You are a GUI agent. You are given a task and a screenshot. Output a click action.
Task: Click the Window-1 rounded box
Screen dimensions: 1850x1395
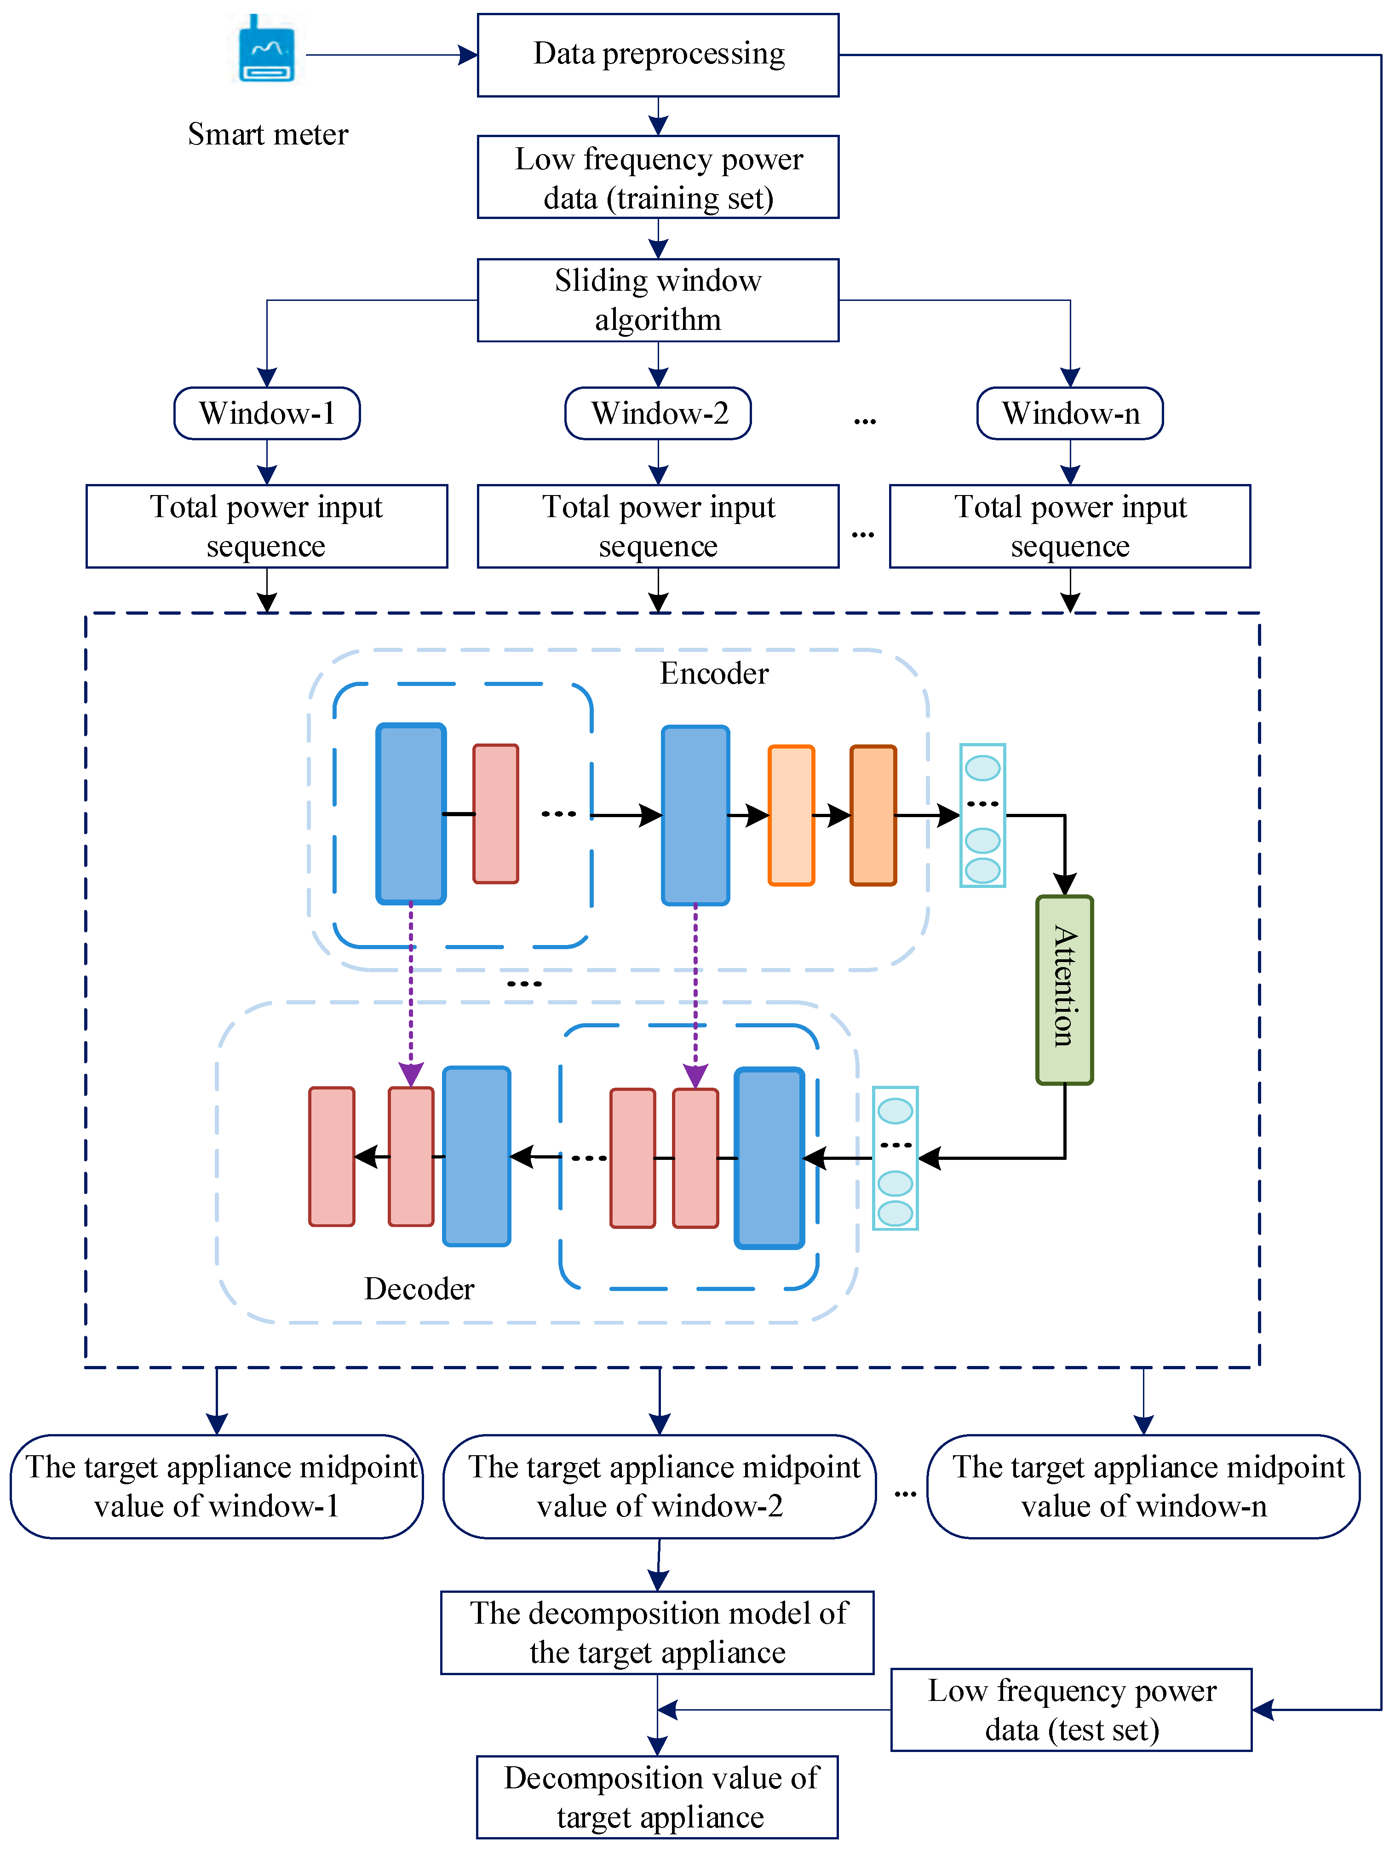267,413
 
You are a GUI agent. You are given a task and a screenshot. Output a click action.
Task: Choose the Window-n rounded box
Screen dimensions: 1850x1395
1070,413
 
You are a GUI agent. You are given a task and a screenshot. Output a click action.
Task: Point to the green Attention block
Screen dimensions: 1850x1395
1064,989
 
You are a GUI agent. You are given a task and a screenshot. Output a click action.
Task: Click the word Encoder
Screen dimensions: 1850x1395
713,673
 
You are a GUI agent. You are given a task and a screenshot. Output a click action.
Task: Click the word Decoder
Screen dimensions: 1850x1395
419,1289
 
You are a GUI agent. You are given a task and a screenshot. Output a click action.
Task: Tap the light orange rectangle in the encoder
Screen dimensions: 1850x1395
790,815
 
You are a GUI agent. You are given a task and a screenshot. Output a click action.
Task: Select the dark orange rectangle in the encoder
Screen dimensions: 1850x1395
873,815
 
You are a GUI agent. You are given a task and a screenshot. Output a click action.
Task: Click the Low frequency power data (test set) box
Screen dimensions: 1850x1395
1071,1710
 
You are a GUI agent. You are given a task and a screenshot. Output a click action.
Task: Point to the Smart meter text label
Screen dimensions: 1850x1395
268,134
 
